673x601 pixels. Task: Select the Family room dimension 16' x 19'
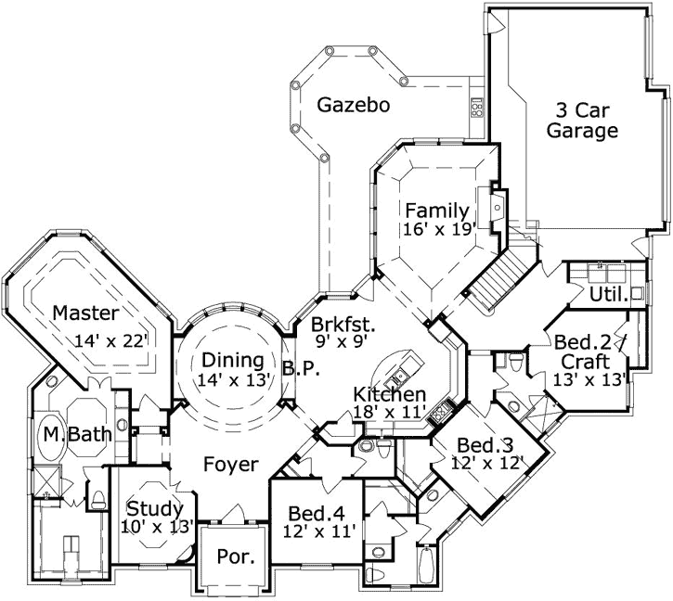(440, 227)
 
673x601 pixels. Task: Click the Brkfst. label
(343, 326)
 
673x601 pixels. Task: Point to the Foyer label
(230, 465)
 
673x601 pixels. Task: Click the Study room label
(155, 508)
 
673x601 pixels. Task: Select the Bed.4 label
(318, 513)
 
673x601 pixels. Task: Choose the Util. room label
(607, 295)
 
